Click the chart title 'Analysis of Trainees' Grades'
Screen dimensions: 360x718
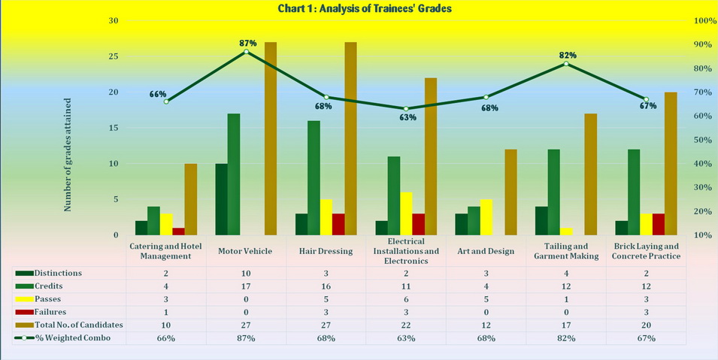358,8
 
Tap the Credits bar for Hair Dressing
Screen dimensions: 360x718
314,177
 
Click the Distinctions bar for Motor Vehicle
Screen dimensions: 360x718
222,199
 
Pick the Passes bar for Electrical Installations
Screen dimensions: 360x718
406,213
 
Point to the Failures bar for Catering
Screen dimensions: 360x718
178,231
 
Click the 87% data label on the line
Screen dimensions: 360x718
248,43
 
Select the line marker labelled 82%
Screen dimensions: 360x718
566,64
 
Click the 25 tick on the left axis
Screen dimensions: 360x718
114,56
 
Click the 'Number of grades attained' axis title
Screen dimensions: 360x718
68,154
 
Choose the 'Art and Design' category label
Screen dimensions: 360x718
486,251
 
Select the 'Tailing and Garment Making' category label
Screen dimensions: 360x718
566,251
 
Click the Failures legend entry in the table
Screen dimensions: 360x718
53,311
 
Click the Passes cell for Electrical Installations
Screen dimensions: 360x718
406,298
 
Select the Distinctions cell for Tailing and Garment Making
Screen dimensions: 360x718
566,272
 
